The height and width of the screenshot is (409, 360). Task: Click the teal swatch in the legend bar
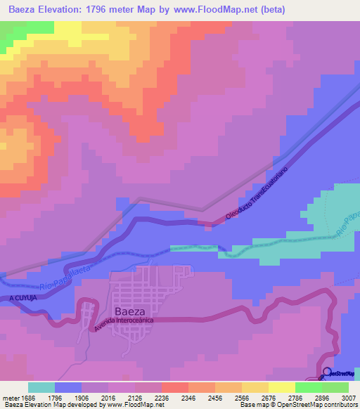tap(41, 387)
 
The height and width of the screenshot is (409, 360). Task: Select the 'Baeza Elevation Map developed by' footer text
tap(49, 405)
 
